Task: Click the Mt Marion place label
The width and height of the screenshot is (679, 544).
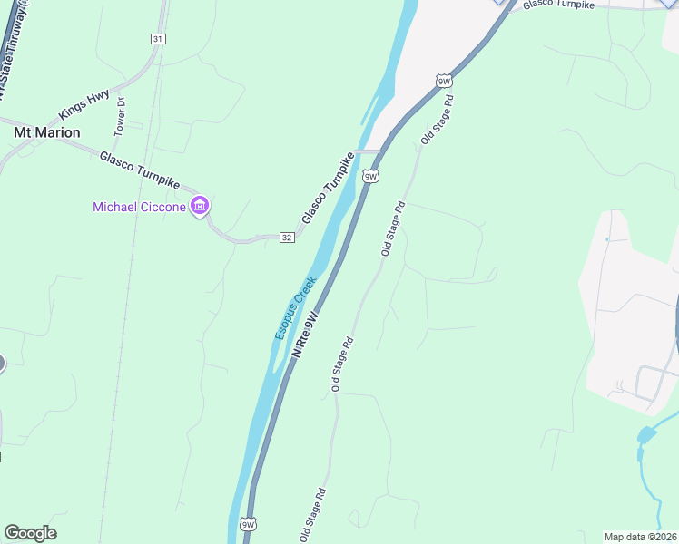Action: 46,132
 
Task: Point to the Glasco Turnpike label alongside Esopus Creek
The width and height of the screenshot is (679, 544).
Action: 328,189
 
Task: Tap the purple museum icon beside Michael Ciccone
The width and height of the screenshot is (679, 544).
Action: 200,207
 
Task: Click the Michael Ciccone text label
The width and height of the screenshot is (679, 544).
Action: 139,208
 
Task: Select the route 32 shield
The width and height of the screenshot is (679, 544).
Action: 287,238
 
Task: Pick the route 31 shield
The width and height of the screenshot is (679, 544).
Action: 158,39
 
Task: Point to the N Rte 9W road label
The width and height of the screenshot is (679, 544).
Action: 308,334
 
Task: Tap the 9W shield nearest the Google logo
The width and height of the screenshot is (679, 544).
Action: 249,525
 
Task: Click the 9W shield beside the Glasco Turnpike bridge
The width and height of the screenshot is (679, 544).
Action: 370,176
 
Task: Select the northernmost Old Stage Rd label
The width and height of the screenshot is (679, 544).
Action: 437,123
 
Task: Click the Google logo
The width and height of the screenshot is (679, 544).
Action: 30,533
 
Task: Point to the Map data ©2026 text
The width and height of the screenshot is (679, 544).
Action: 641,537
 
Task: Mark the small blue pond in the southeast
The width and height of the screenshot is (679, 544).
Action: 645,436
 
